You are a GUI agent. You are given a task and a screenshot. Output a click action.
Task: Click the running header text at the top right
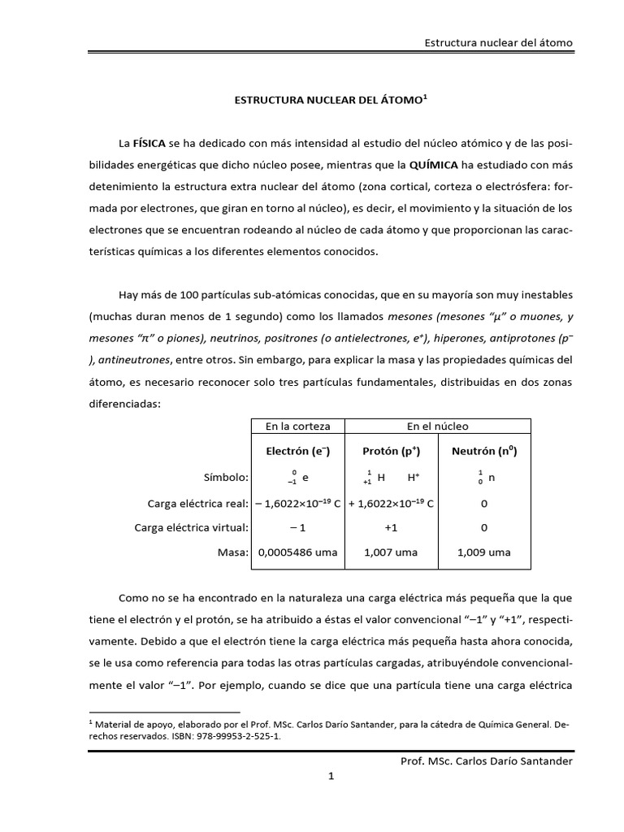point(499,42)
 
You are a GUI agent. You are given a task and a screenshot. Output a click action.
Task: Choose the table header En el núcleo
point(437,426)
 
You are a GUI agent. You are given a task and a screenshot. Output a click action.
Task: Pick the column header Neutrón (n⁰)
point(484,450)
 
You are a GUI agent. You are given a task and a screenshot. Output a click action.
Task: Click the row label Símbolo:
point(225,478)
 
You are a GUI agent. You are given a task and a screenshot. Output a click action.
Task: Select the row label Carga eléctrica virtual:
point(191,528)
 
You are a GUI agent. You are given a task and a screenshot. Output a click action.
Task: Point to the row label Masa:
point(232,552)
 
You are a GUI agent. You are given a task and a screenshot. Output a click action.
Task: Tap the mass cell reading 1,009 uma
point(484,552)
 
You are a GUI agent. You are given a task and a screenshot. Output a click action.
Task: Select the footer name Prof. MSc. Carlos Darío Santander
point(487,760)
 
